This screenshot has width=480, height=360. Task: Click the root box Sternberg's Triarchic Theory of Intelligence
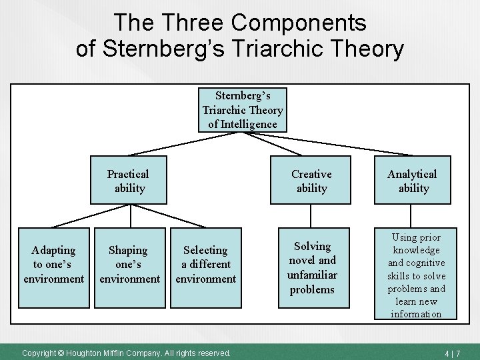(243, 110)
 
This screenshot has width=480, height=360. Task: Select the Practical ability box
(129, 181)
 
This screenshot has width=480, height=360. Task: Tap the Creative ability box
(311, 181)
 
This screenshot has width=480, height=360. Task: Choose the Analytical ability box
(413, 181)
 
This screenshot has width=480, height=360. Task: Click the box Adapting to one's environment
(53, 265)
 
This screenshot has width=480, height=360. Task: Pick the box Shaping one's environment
(129, 265)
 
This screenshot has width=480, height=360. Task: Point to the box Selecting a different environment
(205, 265)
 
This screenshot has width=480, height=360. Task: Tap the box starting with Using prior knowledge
(416, 275)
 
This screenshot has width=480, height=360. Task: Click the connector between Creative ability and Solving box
(311, 217)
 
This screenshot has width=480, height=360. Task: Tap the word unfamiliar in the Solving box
(312, 275)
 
